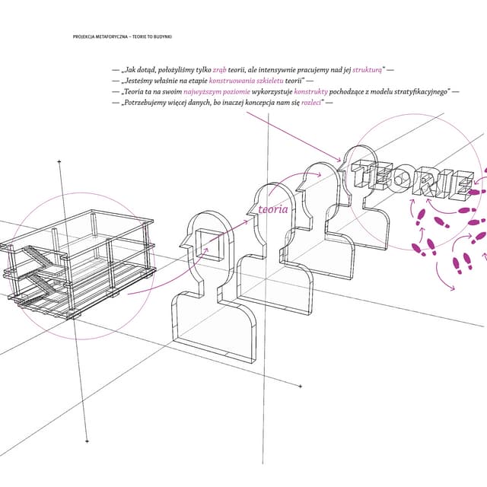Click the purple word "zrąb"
tap(220, 70)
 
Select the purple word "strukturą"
tap(367, 70)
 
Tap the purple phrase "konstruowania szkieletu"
tap(247, 81)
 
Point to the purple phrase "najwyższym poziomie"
tap(217, 92)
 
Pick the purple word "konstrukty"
tap(311, 92)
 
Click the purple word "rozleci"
tap(311, 103)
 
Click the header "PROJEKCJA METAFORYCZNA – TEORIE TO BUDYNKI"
tap(123, 37)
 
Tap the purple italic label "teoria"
tap(273, 209)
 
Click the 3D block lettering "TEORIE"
tap(412, 180)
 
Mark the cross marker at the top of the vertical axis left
tap(59, 161)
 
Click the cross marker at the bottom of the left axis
tap(87, 441)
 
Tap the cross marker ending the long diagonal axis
tap(301, 387)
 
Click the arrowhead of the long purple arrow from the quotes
tap(339, 160)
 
